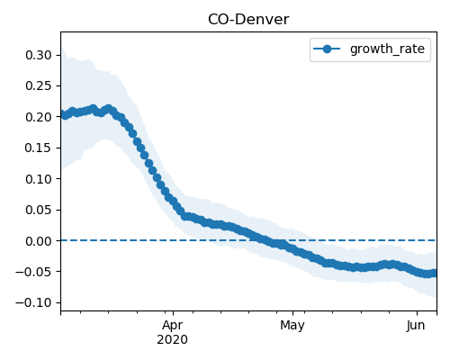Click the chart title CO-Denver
248,20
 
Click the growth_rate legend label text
387,49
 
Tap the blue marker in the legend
327,49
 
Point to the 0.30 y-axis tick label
39,55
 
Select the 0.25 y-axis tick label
39,86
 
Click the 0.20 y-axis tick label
39,117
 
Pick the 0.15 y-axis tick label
39,148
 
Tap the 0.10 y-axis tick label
39,179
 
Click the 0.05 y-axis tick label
39,210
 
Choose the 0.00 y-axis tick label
39,241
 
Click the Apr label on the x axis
173,326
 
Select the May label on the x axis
292,326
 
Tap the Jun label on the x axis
416,325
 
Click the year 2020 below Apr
173,339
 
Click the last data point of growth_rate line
435,273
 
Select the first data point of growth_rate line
62,114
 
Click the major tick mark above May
292,313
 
